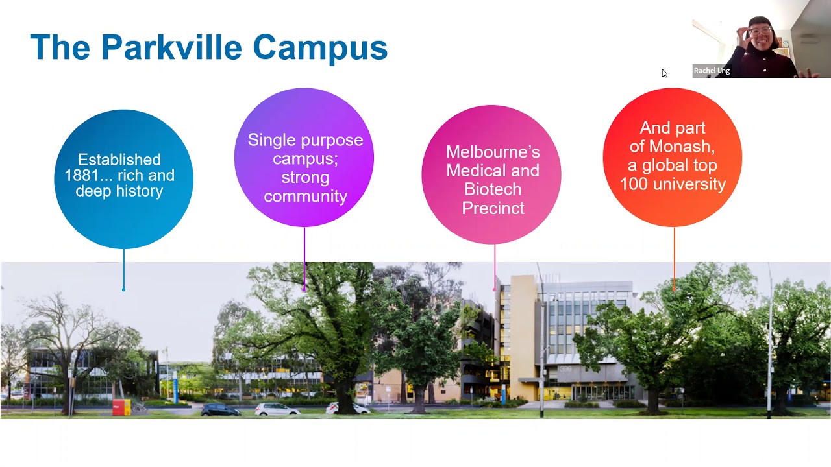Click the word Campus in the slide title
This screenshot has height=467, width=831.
pos(319,47)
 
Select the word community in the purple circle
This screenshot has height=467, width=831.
pos(305,196)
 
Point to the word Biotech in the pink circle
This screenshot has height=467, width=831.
pos(493,189)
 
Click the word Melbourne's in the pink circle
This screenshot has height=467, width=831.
pos(493,152)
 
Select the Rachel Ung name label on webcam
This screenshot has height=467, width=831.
pos(712,71)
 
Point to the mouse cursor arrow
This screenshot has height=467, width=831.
pos(664,73)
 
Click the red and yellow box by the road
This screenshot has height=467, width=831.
pos(121,407)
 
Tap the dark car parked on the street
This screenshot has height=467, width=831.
pos(220,409)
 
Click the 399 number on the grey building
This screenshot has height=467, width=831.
pos(567,370)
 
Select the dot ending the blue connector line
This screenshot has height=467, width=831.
pos(123,289)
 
